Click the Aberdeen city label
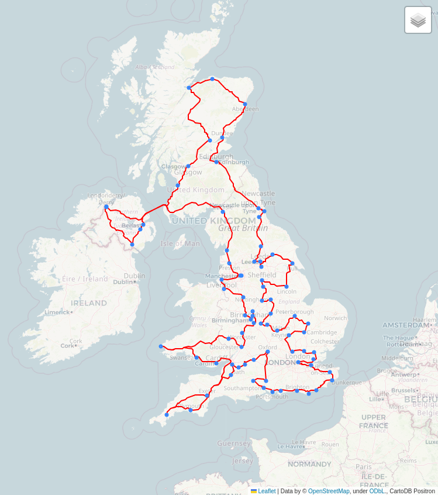(245, 109)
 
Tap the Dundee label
(222, 133)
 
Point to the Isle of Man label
(180, 243)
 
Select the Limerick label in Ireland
(57, 312)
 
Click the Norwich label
(335, 318)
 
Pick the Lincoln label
(287, 291)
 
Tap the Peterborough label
(295, 312)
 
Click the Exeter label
(208, 391)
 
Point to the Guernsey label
(233, 444)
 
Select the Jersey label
(243, 461)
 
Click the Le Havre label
(291, 446)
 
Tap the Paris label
(364, 467)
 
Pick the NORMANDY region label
(309, 465)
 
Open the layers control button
(418, 20)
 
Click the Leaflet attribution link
(266, 491)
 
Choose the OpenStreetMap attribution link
(329, 491)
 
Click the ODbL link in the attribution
(377, 491)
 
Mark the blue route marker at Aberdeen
(245, 104)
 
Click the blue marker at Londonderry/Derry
(106, 207)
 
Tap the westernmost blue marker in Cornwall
(167, 415)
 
